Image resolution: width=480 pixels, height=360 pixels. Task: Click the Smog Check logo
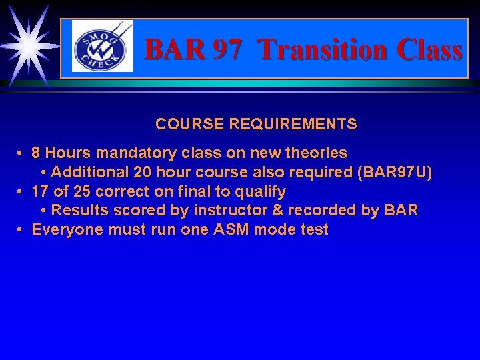coord(102,47)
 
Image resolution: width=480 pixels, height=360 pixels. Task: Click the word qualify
coord(261,191)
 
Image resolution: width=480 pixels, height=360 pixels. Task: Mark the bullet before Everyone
coord(21,230)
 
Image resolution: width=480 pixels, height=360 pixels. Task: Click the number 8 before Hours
coord(36,153)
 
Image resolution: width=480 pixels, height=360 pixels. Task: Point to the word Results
coord(77,211)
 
